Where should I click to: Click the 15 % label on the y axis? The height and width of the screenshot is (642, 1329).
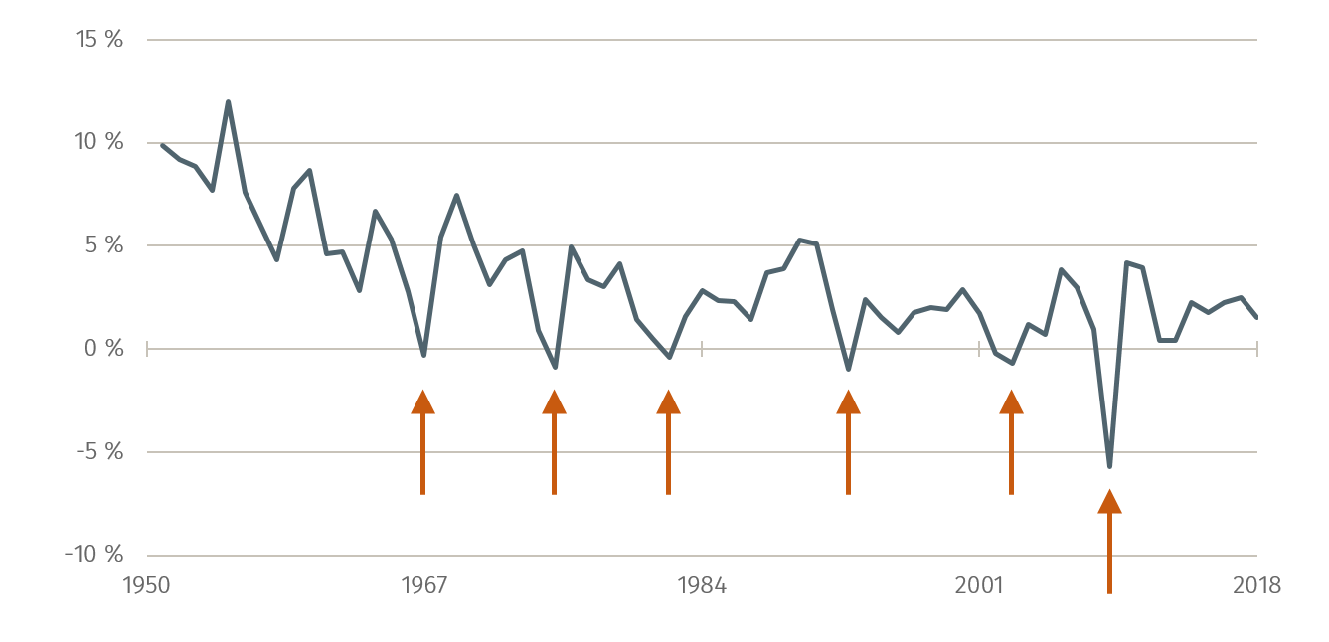pyautogui.click(x=99, y=40)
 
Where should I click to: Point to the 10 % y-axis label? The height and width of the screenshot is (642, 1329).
pyautogui.click(x=99, y=142)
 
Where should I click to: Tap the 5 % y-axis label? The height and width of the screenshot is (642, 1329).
pyautogui.click(x=103, y=245)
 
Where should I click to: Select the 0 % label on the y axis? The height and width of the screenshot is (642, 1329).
pyautogui.click(x=103, y=349)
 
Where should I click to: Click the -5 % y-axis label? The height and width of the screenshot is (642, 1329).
pyautogui.click(x=99, y=451)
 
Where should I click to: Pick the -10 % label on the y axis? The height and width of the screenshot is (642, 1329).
pyautogui.click(x=94, y=554)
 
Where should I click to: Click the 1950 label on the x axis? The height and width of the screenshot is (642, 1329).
pyautogui.click(x=146, y=585)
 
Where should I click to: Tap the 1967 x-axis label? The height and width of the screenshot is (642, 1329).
pyautogui.click(x=423, y=585)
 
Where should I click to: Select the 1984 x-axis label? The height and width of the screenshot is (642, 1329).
pyautogui.click(x=702, y=585)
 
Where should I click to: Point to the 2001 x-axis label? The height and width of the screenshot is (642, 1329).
pyautogui.click(x=979, y=585)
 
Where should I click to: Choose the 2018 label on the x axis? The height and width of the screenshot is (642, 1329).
pyautogui.click(x=1257, y=585)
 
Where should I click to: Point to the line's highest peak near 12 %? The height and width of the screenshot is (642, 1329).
pyautogui.click(x=228, y=101)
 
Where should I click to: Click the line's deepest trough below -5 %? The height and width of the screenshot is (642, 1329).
pyautogui.click(x=1109, y=466)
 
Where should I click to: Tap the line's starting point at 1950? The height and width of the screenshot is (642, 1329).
pyautogui.click(x=162, y=145)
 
